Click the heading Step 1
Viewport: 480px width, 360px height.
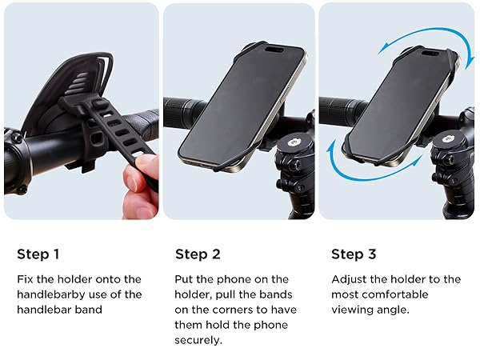(38, 254)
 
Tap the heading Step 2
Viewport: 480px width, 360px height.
(197, 254)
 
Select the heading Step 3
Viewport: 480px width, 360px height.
(353, 254)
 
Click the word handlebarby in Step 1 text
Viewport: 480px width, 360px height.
(51, 294)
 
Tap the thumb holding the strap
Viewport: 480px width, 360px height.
(146, 169)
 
